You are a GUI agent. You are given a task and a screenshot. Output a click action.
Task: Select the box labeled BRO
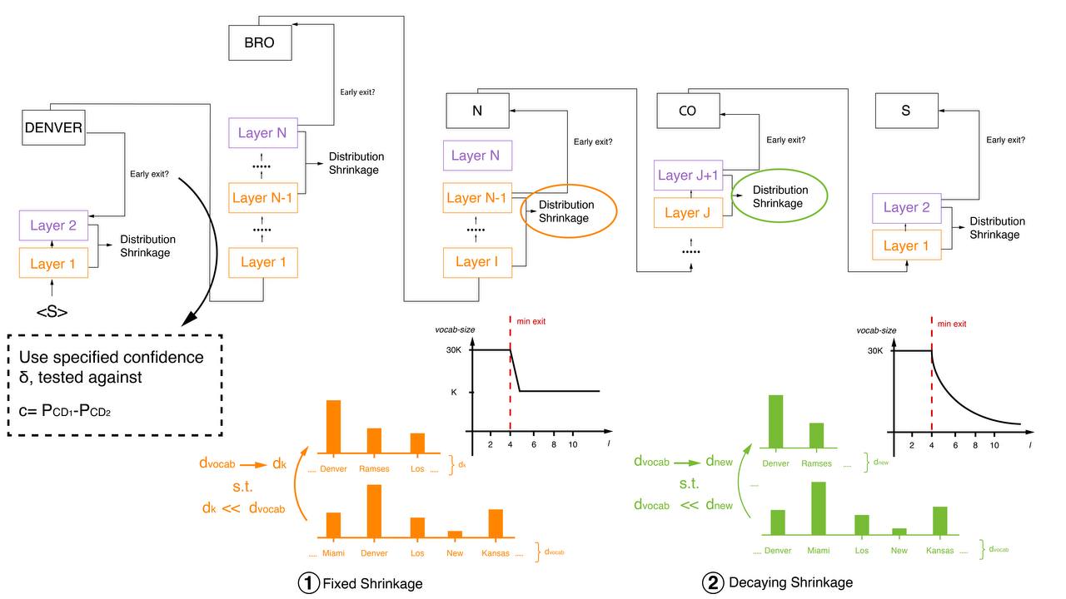(x=260, y=43)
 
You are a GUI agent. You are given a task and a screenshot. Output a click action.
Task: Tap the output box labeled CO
(x=687, y=110)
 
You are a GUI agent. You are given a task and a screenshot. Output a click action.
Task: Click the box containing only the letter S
(x=906, y=110)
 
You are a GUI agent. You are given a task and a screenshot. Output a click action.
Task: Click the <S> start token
(x=52, y=313)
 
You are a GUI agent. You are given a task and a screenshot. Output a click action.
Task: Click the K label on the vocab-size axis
(x=452, y=391)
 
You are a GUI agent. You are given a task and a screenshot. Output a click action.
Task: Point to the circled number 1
(x=308, y=583)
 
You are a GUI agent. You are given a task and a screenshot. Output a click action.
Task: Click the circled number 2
(x=713, y=583)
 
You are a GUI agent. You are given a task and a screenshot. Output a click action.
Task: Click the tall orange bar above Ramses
(x=374, y=441)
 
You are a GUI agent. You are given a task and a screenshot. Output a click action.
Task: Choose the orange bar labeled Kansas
(x=496, y=523)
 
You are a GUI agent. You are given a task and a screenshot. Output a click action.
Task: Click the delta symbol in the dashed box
(x=24, y=377)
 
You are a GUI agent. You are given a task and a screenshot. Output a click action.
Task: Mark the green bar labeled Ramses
(x=816, y=436)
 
